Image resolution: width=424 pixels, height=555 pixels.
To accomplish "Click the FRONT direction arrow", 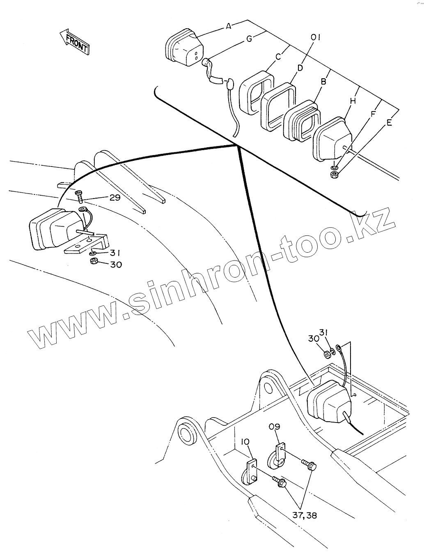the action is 74,41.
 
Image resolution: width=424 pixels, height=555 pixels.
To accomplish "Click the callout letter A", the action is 229,26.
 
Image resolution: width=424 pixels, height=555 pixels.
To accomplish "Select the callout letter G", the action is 249,39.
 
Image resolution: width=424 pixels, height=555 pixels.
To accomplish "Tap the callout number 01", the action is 315,38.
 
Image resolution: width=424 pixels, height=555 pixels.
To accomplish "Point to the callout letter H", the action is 353,100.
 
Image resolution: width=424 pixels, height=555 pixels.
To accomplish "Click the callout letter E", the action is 389,122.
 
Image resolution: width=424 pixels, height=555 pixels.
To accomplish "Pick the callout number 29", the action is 115,197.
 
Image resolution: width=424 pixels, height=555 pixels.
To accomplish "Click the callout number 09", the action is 275,427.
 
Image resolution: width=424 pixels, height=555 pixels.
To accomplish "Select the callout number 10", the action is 245,441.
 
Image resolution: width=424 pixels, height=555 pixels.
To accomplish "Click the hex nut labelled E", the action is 334,175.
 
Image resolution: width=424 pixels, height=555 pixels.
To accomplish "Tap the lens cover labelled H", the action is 332,139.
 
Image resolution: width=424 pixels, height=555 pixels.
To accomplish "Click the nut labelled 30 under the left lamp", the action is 93,261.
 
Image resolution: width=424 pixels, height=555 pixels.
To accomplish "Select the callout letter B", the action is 323,82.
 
